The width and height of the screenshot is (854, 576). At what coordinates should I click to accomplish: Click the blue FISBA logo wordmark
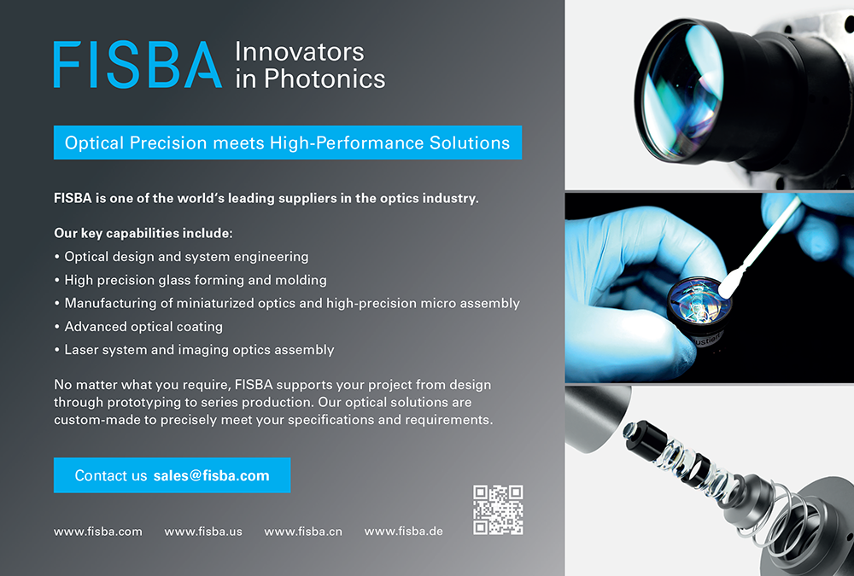(137, 65)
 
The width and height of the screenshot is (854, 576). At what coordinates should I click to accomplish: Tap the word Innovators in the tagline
(300, 52)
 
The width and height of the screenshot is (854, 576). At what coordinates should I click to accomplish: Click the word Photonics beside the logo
(325, 79)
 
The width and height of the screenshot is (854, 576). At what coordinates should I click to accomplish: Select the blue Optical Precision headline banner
(288, 143)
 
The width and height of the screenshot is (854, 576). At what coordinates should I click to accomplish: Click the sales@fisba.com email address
(211, 476)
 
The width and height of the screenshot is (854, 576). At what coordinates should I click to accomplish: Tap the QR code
(498, 510)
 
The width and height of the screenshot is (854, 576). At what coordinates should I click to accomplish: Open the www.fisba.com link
(98, 532)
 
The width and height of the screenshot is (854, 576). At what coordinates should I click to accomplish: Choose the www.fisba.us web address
(203, 532)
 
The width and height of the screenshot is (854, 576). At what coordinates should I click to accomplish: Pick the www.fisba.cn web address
(303, 532)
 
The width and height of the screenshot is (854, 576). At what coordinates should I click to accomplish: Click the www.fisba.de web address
(404, 532)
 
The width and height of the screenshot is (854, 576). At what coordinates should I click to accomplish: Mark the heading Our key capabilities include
(143, 234)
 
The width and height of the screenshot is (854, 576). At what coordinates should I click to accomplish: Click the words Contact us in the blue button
(110, 476)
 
